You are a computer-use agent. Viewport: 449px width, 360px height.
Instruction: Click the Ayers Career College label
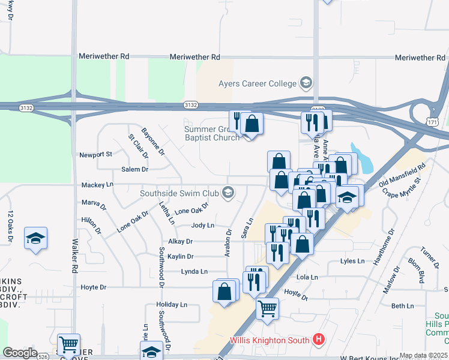coord(258,83)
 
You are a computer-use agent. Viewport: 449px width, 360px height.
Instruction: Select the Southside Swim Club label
coord(179,193)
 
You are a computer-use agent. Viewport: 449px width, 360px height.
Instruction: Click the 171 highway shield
coord(433,122)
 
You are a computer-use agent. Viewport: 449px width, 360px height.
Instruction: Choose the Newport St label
coord(96,154)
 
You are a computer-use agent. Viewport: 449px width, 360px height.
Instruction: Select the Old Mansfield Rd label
coord(402,173)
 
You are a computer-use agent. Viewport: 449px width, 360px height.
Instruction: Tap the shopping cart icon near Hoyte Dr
coord(267,308)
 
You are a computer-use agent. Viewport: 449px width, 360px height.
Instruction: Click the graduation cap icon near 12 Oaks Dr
coord(35,238)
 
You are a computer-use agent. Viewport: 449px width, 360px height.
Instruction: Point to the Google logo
coord(20,352)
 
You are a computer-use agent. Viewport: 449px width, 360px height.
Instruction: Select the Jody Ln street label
coord(202,226)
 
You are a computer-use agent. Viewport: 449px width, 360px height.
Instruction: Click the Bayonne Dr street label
coord(153,142)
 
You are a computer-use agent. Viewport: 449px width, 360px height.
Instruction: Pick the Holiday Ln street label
coord(171,305)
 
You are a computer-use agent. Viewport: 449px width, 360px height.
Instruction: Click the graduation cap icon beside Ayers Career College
coord(307,83)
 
